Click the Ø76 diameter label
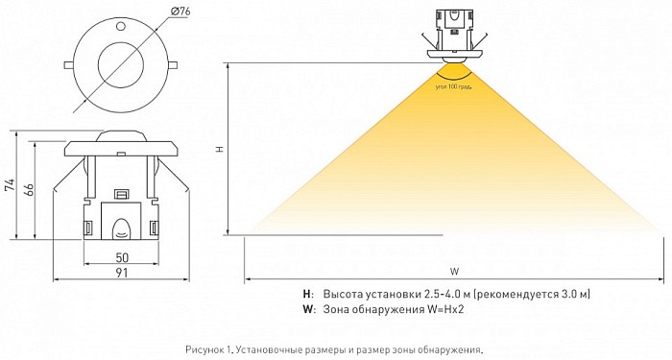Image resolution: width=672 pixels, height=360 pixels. coord(180,12)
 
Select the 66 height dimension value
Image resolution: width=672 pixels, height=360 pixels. coord(28,188)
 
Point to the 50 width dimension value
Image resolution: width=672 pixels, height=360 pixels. coord(122,257)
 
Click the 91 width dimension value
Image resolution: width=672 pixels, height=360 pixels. coord(122,273)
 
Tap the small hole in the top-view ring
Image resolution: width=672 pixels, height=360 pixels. coord(120,26)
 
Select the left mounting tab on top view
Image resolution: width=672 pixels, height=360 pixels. coord(68,64)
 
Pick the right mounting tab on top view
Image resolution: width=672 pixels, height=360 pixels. coord(173,64)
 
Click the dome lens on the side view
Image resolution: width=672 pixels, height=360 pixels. coord(121,136)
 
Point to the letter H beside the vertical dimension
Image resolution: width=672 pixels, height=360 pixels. coord(220,149)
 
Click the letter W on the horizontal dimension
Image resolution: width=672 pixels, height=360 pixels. coord(454,272)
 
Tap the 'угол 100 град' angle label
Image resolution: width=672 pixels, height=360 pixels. coord(454,87)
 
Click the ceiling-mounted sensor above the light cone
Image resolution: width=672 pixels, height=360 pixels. coord(455,37)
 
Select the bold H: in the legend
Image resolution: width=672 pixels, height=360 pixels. coord(308,294)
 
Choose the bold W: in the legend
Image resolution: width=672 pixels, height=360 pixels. coord(309,309)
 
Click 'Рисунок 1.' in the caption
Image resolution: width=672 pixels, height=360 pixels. coord(209,349)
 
